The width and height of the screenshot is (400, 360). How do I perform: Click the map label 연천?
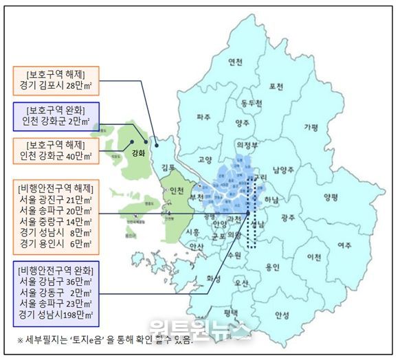point(236,62)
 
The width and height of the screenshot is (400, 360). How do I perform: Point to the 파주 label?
point(203,117)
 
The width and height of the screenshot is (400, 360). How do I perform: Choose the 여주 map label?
point(345,245)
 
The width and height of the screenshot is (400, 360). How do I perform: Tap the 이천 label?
point(314,257)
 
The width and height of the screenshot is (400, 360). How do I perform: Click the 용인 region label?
point(272,267)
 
